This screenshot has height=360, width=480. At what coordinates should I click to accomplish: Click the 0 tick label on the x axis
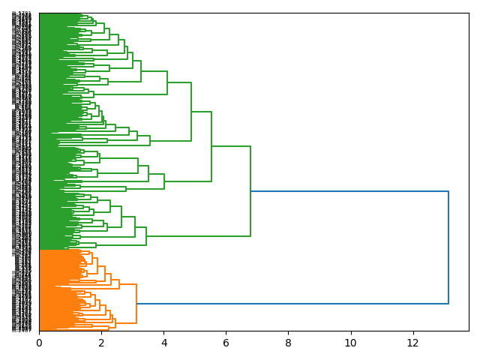[x=39, y=343]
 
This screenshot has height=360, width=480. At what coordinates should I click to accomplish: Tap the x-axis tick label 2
[x=101, y=343]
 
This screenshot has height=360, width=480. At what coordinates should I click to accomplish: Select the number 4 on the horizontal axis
[x=163, y=343]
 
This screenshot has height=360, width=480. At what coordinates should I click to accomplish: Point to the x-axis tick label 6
[x=226, y=343]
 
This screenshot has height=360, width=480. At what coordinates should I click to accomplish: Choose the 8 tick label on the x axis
[x=288, y=343]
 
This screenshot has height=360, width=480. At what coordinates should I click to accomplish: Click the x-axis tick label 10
[x=350, y=343]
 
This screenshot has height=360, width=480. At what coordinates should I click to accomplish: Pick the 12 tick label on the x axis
[x=412, y=343]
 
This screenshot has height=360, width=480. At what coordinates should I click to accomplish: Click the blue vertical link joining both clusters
[x=448, y=247]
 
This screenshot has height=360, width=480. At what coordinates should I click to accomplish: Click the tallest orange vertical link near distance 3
[x=136, y=304]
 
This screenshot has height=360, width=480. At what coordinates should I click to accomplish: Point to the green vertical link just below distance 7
[x=250, y=191]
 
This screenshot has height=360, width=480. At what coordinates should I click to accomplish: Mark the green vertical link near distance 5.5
[x=211, y=146]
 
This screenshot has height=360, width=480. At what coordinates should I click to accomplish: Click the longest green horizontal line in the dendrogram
[x=198, y=236]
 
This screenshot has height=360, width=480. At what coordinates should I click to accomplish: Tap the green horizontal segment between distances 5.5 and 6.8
[x=231, y=146]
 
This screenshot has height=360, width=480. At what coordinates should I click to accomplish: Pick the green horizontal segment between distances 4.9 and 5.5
[x=201, y=111]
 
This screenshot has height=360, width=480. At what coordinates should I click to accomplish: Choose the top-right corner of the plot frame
[x=469, y=13]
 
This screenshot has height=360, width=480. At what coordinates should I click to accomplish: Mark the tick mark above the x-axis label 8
[x=288, y=332]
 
